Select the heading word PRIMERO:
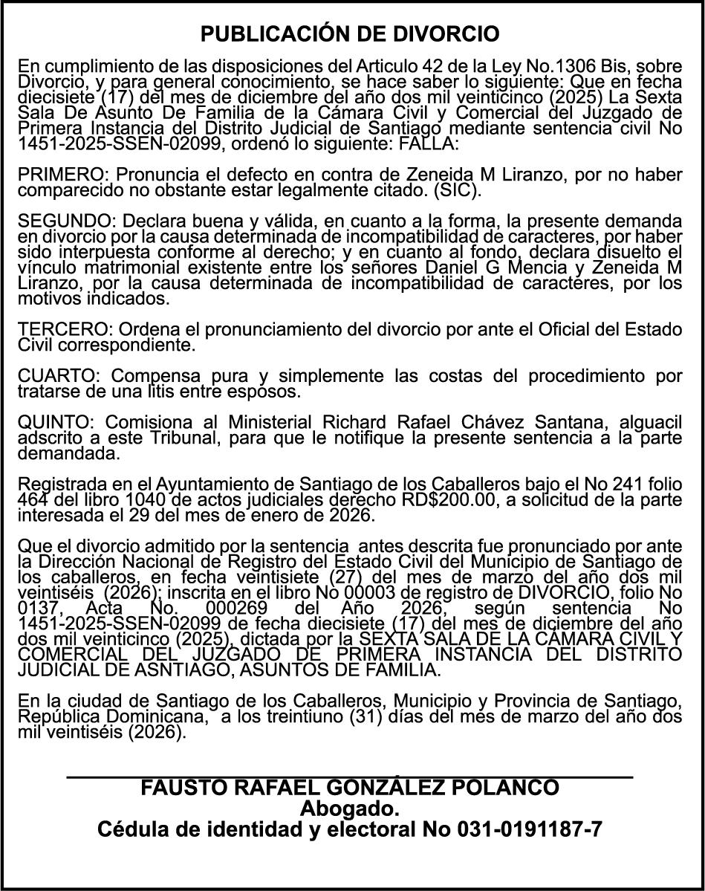(x=63, y=175)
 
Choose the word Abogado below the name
(x=350, y=809)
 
